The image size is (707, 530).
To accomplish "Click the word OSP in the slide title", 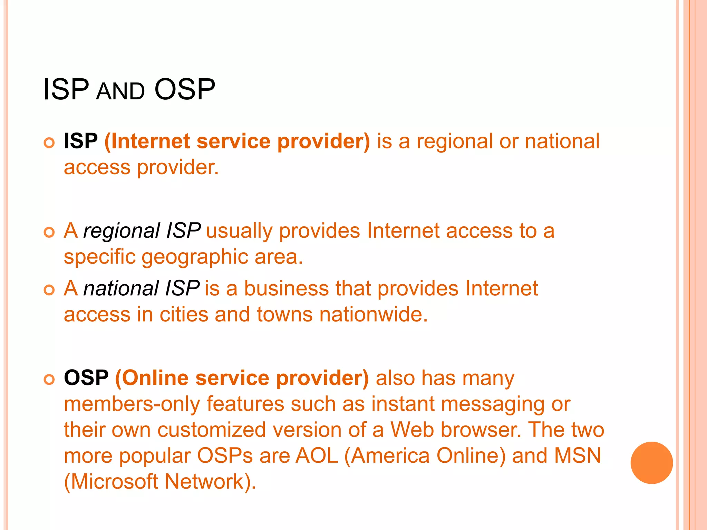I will (x=185, y=89).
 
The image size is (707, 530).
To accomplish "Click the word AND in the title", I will (x=120, y=92).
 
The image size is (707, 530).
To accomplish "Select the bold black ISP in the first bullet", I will (x=81, y=141).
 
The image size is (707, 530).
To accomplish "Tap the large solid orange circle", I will (x=651, y=463).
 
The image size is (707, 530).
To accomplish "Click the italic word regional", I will (x=122, y=230).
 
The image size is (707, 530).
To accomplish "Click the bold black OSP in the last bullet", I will (x=86, y=378).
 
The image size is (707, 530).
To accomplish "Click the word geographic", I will (x=195, y=257).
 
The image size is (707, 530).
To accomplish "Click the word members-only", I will (x=132, y=404).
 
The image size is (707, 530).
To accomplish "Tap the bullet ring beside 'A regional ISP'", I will (x=49, y=233).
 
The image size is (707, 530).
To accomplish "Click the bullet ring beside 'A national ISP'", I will (x=49, y=290).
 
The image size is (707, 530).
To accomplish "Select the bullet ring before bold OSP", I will (x=49, y=380).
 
